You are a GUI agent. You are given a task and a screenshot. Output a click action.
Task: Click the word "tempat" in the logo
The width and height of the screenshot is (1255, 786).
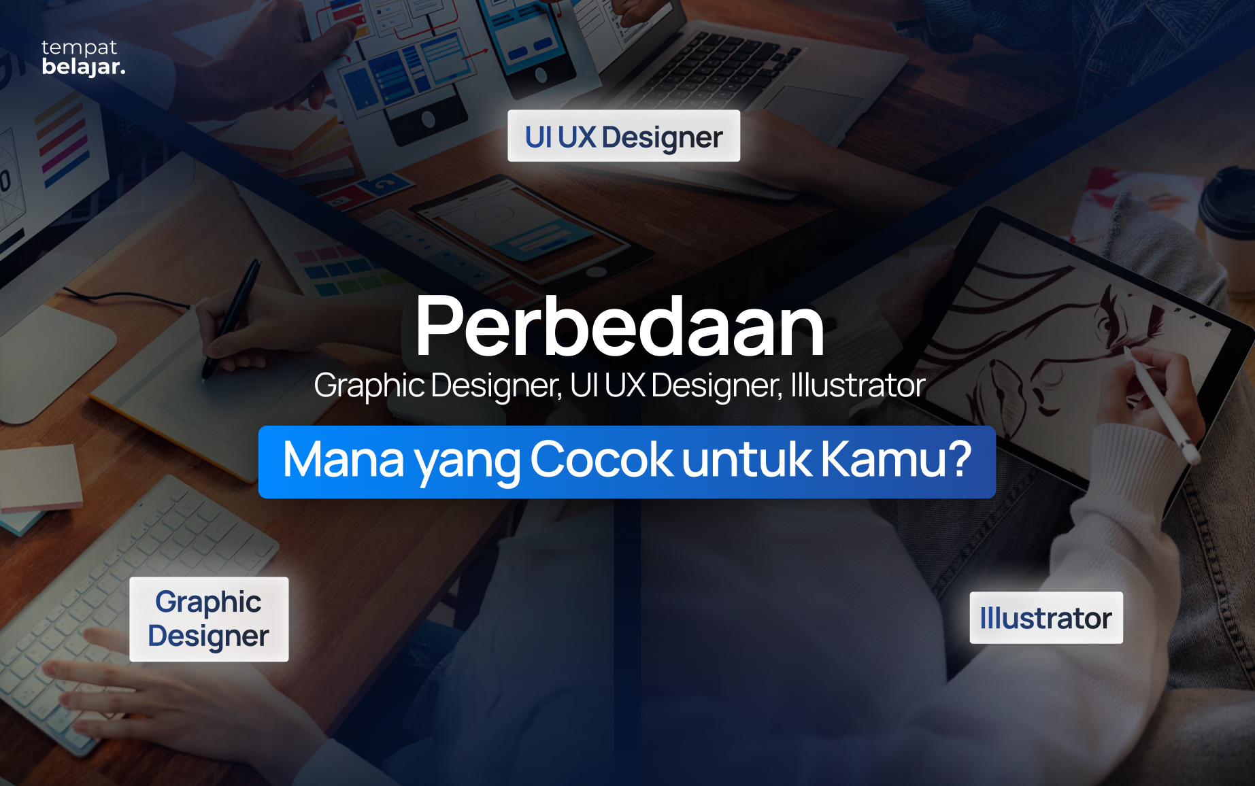[x=79, y=48]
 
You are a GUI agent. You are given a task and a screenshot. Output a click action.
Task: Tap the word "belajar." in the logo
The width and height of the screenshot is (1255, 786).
[x=83, y=67]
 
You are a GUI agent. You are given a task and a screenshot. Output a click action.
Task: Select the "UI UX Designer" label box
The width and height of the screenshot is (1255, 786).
[x=623, y=136]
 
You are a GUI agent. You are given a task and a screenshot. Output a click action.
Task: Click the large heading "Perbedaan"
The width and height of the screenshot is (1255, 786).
[x=620, y=326]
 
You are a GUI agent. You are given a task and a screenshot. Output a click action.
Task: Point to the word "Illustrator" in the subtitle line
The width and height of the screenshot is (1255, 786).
[x=857, y=386]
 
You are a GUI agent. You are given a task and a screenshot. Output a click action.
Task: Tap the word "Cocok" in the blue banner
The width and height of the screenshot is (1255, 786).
[x=601, y=460]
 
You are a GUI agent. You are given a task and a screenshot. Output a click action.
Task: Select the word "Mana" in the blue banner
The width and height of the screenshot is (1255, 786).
[x=343, y=460]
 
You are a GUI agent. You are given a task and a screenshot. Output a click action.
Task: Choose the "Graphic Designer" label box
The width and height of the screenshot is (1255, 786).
[x=209, y=619]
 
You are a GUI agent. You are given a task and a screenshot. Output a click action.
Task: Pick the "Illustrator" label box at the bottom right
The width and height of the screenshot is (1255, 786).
[x=1045, y=618]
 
